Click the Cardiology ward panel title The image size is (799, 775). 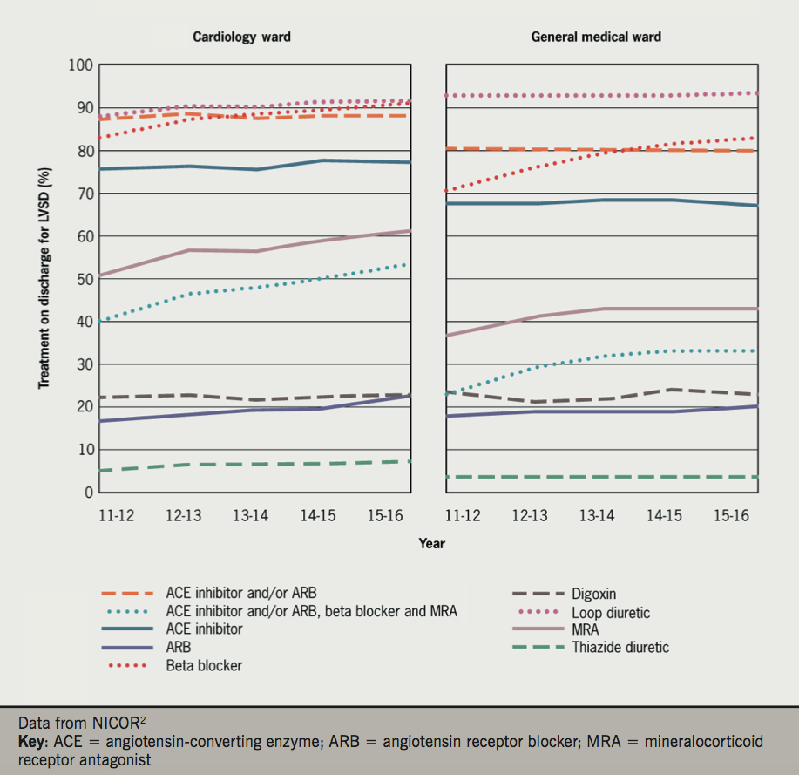coord(241,37)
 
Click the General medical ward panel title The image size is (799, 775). coord(596,37)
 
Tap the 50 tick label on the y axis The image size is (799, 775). coord(84,279)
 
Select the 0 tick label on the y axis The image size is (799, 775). coord(87,493)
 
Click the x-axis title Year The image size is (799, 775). coord(430,544)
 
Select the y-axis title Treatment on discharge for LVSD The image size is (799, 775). coord(43,279)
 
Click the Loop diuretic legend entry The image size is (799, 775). coord(612,613)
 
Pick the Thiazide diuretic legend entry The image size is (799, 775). coord(620,647)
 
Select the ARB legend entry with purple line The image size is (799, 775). coord(178,647)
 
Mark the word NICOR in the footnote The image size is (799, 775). coord(108,724)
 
